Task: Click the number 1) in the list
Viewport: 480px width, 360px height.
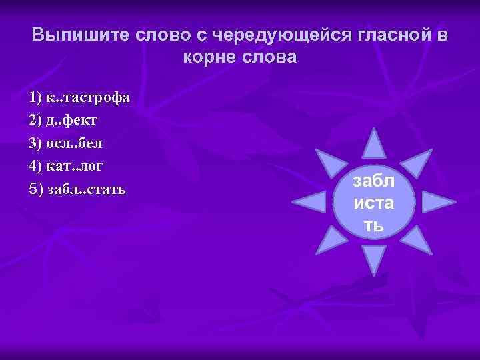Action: pyautogui.click(x=36, y=99)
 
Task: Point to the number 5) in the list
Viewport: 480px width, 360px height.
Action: pyautogui.click(x=36, y=189)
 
